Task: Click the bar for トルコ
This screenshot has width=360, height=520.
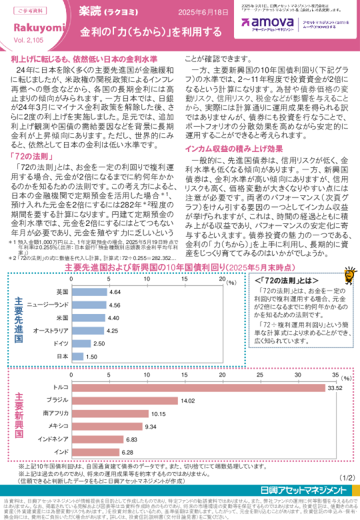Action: pyautogui.click(x=199, y=387)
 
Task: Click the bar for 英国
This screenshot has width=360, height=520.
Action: pyautogui.click(x=89, y=292)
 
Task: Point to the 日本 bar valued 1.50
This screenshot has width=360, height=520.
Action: pyautogui.click(x=77, y=357)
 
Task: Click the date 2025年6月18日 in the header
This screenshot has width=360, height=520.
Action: pyautogui.click(x=206, y=13)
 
